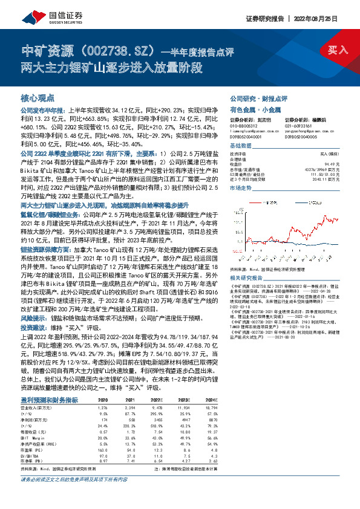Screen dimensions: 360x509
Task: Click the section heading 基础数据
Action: (x=241, y=147)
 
